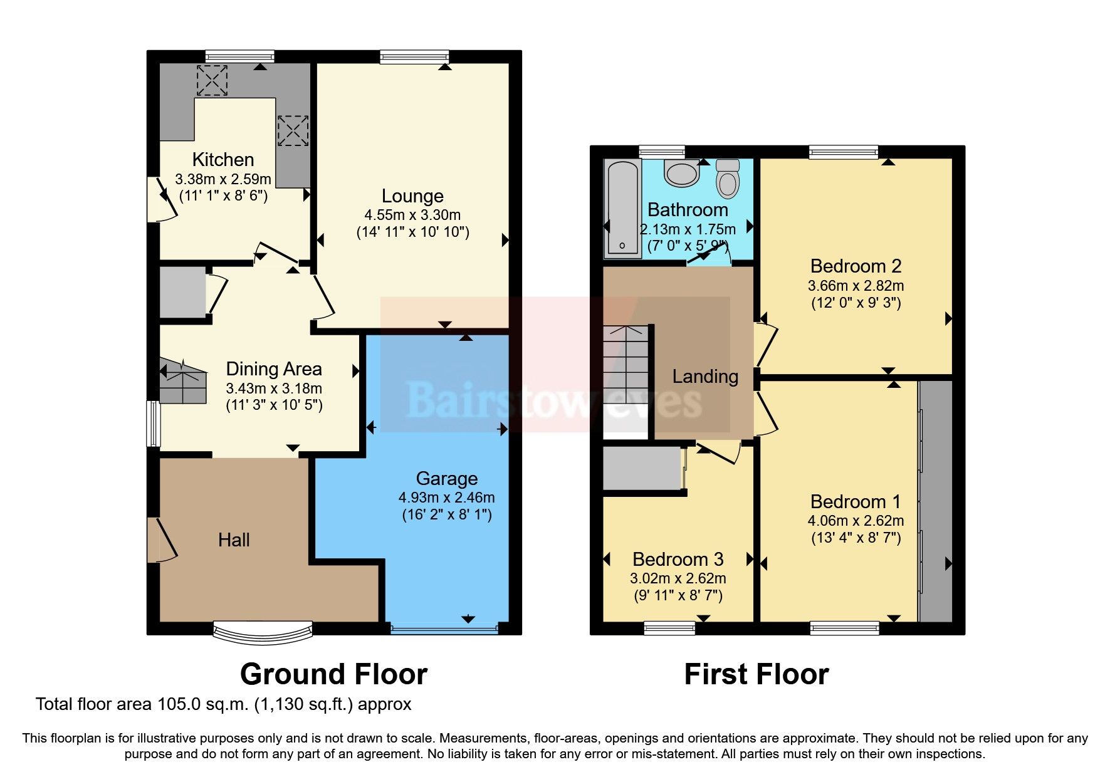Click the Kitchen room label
223,159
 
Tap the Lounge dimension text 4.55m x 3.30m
412,215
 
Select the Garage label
446,479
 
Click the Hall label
234,540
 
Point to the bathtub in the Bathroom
622,208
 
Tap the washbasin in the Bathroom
682,172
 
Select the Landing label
704,376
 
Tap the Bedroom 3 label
678,559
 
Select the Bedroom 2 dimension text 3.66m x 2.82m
855,286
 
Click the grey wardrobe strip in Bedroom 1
936,501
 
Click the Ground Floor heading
333,674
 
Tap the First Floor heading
756,674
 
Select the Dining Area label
273,369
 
